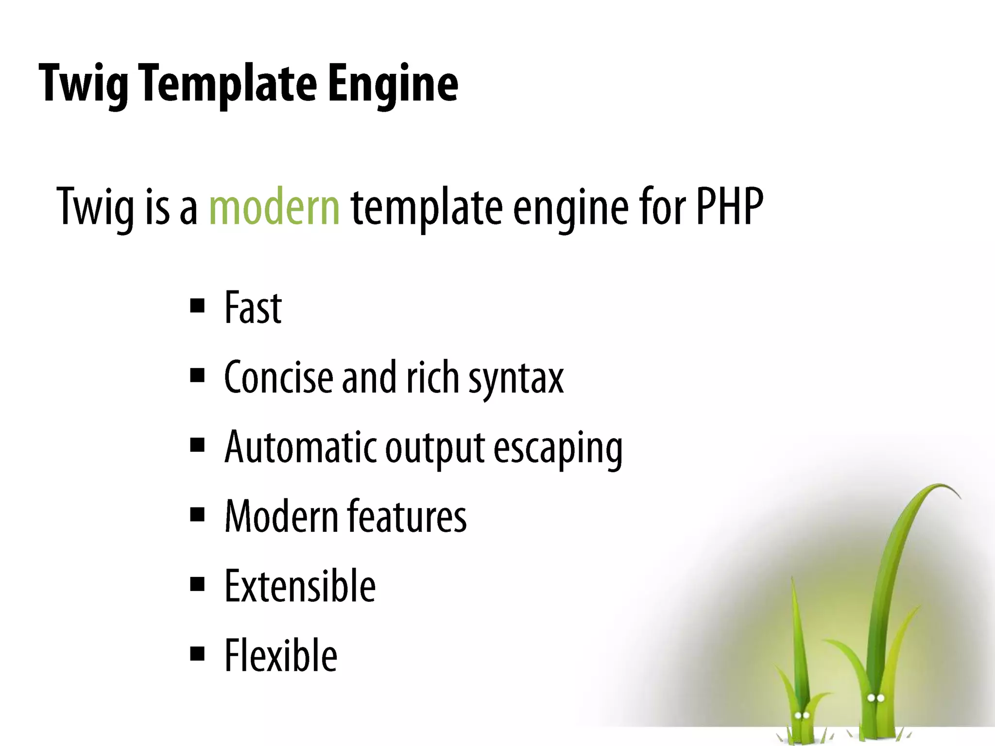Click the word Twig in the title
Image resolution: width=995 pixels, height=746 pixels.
[x=84, y=84]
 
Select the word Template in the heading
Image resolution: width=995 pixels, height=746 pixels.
[x=227, y=84]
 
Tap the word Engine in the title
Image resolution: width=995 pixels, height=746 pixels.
[x=393, y=84]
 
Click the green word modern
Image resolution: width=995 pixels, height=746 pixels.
[x=274, y=207]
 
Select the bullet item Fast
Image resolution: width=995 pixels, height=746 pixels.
[x=253, y=308]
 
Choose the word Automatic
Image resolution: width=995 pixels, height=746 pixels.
[x=301, y=447]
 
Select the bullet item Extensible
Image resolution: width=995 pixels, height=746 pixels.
[x=300, y=586]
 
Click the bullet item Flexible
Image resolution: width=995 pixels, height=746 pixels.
[x=281, y=656]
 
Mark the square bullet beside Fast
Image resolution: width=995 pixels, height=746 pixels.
[x=197, y=306]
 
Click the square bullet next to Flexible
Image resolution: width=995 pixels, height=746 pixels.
[x=197, y=654]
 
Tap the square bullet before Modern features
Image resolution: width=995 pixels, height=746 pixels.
[x=197, y=514]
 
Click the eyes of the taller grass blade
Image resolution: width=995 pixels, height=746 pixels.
[x=875, y=698]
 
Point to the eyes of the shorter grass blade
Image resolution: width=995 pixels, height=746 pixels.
[x=802, y=715]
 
